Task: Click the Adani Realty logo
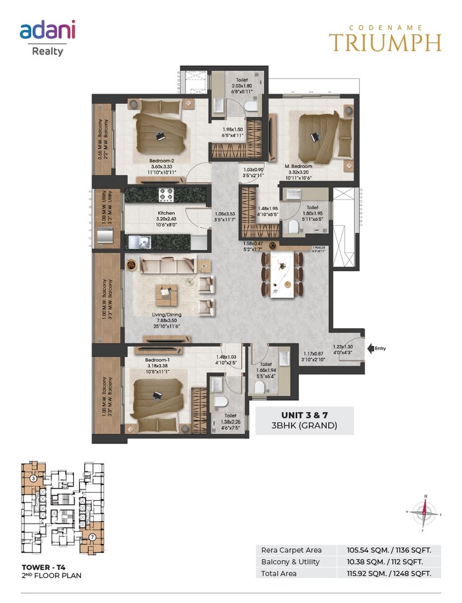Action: (x=47, y=37)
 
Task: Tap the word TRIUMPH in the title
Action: (x=385, y=42)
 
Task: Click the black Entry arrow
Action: (x=371, y=349)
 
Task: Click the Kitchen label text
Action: (x=148, y=212)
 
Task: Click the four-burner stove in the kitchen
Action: (x=167, y=195)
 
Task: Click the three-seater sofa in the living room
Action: (x=168, y=266)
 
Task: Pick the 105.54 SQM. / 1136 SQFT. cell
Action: (x=388, y=550)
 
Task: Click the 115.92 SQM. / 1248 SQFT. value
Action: (x=388, y=573)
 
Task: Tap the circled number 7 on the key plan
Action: (x=92, y=536)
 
